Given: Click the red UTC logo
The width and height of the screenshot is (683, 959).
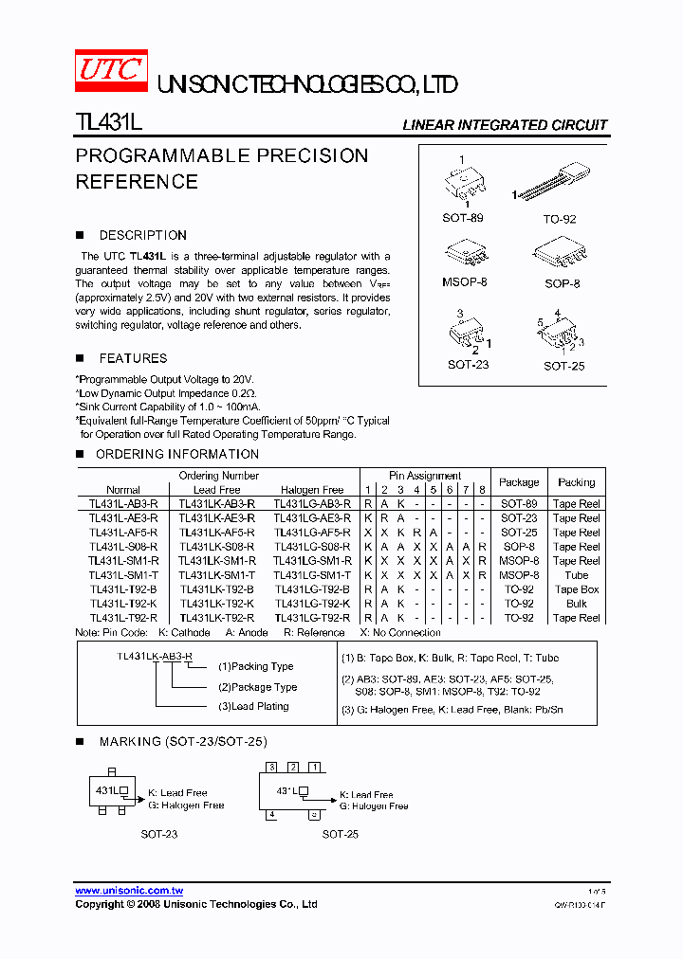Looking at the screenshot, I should [x=111, y=69].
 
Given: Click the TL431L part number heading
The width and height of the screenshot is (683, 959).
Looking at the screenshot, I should [x=108, y=124].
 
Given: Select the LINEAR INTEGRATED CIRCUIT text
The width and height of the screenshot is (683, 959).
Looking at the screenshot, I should [x=505, y=125].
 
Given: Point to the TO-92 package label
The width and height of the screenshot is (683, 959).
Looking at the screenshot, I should [x=559, y=219].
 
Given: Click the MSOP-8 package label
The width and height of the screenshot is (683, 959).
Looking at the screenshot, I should [x=464, y=282].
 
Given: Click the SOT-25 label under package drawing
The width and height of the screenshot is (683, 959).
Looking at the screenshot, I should [x=563, y=366].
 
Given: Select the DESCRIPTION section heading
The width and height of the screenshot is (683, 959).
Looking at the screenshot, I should [x=142, y=235].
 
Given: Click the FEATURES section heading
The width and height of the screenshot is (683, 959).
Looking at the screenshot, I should [x=133, y=358].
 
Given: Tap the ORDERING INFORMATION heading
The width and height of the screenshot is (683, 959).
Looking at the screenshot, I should [x=177, y=454].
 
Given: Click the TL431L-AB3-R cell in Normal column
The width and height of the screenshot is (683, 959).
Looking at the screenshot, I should [x=123, y=504].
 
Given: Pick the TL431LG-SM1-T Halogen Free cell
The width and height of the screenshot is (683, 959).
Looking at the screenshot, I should [x=312, y=575].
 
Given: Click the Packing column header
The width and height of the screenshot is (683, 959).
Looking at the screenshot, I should [x=577, y=482].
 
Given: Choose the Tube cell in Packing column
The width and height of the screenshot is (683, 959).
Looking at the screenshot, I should [x=577, y=575].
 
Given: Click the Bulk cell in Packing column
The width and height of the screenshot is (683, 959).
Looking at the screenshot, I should [x=577, y=604].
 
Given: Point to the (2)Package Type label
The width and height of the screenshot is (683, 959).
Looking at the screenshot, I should [x=257, y=687].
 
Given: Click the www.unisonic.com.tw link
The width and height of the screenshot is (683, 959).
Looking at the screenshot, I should [x=129, y=891].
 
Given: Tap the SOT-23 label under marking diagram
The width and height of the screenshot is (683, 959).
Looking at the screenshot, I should [x=158, y=834].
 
